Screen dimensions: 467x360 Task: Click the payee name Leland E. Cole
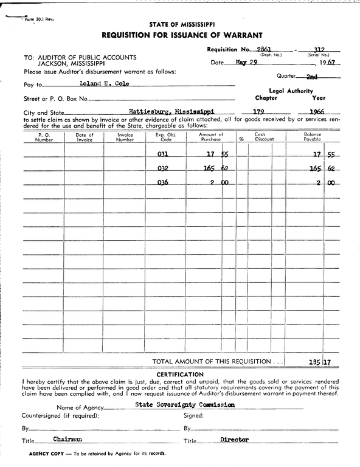104,83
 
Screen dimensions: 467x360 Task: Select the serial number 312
317,49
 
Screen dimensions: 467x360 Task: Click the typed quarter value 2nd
312,77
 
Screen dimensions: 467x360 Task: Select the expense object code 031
162,155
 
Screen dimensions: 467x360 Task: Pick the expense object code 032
162,169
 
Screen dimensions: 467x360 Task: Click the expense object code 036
162,183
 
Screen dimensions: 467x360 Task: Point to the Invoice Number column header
125,137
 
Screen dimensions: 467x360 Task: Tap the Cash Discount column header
260,137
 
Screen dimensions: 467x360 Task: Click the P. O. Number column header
44,137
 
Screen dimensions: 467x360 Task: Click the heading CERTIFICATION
179,374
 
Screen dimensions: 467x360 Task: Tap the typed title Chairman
67,438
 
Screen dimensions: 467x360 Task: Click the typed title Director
235,438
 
